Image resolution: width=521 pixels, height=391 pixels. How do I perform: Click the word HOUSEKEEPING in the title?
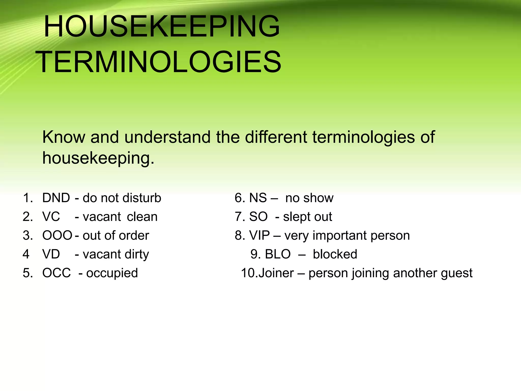click(x=162, y=26)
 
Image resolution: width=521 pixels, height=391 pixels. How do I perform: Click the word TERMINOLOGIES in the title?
click(x=158, y=62)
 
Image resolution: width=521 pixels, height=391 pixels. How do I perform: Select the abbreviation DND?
click(x=56, y=198)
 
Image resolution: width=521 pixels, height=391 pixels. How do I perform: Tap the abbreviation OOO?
click(x=57, y=235)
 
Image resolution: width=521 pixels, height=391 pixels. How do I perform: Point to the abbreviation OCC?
click(x=56, y=273)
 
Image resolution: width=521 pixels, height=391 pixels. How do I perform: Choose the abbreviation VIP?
click(x=259, y=235)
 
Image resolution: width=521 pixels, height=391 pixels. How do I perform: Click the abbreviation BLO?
click(x=278, y=254)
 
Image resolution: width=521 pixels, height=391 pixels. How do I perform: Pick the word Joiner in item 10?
click(x=276, y=273)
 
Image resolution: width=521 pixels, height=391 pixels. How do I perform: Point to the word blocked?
click(x=335, y=254)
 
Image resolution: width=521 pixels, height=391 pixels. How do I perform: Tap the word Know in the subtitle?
click(x=64, y=137)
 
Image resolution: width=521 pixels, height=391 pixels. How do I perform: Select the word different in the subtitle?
click(x=276, y=137)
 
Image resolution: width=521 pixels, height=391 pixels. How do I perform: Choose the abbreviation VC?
click(x=51, y=217)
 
